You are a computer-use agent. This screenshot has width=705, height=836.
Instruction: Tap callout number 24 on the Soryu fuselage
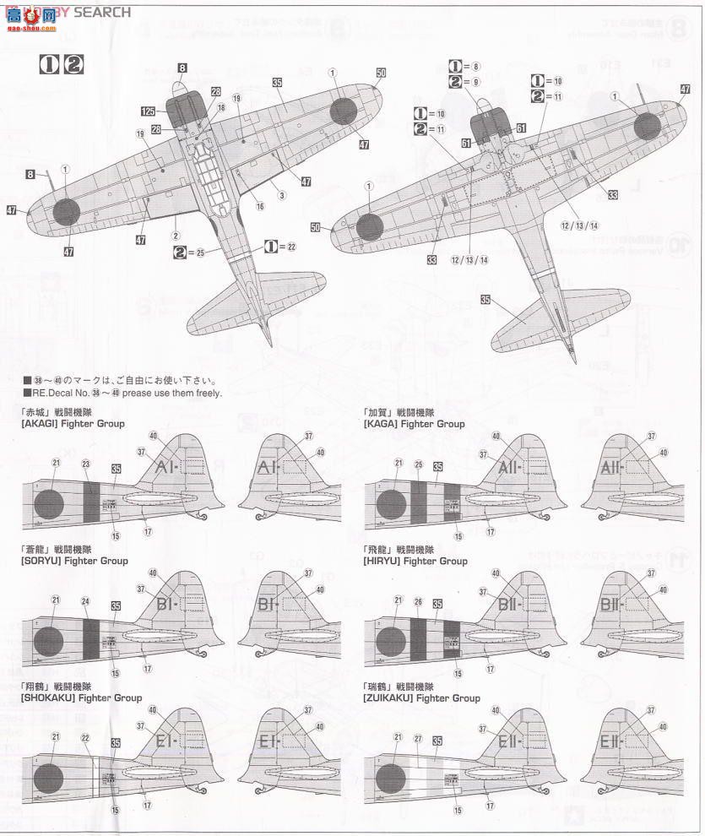click(x=85, y=602)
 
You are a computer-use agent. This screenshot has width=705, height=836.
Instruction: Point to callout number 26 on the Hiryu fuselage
click(x=420, y=602)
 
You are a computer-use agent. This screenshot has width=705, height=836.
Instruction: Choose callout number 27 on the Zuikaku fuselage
click(x=418, y=738)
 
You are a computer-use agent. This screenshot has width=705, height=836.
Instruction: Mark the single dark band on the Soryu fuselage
click(x=91, y=639)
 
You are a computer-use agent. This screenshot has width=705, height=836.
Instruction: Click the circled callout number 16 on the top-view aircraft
click(x=260, y=206)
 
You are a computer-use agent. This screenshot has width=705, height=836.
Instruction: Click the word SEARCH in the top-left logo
click(x=102, y=12)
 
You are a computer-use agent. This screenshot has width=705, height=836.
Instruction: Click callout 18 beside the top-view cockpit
click(x=220, y=108)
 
